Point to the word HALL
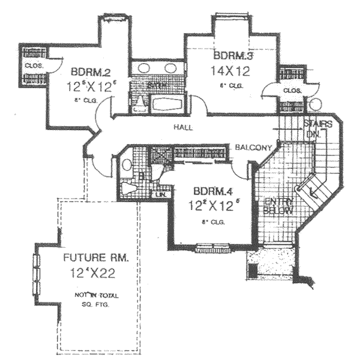click(x=182, y=127)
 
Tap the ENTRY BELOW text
click(x=278, y=207)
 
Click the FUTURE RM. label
click(x=97, y=259)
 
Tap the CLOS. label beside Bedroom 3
click(x=292, y=91)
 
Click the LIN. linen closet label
click(x=160, y=195)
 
